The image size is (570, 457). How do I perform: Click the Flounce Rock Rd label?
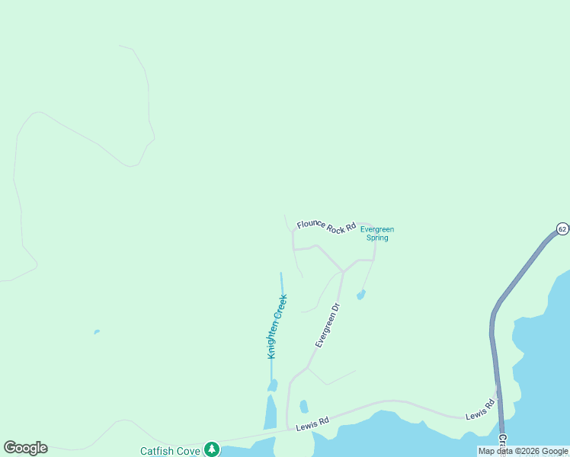(327, 225)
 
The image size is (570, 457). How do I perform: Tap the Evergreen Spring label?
(377, 233)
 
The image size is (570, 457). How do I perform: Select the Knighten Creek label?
(277, 327)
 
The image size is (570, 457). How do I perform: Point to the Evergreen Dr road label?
(328, 325)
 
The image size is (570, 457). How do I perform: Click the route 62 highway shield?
(562, 228)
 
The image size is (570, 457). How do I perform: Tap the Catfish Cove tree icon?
(212, 450)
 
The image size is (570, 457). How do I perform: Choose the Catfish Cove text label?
(170, 451)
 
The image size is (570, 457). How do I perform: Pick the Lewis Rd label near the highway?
(481, 412)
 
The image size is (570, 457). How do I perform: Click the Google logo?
(25, 448)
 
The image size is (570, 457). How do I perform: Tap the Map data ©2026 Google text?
(523, 451)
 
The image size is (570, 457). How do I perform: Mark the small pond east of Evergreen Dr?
(360, 295)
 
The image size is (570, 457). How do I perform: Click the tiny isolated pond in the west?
(96, 332)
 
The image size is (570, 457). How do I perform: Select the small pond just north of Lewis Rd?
(304, 407)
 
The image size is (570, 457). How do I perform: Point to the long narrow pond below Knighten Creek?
(271, 411)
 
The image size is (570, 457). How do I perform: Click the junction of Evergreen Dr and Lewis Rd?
(287, 428)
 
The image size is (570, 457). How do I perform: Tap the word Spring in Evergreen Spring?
(377, 238)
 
